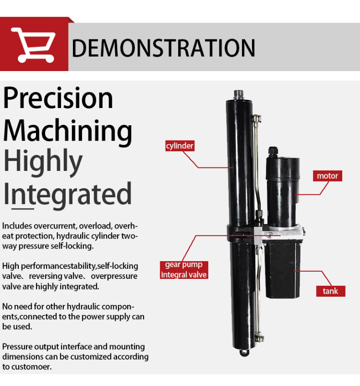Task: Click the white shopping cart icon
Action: click(x=34, y=45)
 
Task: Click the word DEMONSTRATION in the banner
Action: click(x=163, y=48)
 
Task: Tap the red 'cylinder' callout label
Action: click(x=180, y=146)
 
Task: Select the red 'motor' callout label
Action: click(x=327, y=176)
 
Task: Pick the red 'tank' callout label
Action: click(x=330, y=291)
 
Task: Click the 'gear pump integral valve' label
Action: click(x=184, y=270)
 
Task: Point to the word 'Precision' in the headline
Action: click(x=58, y=98)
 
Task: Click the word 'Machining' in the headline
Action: click(x=68, y=131)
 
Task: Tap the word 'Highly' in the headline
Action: click(x=43, y=162)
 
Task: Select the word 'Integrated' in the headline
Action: click(x=68, y=194)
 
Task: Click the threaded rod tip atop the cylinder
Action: click(x=239, y=95)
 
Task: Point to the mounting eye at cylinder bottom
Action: click(x=244, y=352)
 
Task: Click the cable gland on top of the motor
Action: click(x=273, y=152)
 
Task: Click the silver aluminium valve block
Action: click(x=279, y=234)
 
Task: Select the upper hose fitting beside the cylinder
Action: click(x=256, y=119)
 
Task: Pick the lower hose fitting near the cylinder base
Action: click(x=259, y=337)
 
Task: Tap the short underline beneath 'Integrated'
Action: click(x=23, y=209)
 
